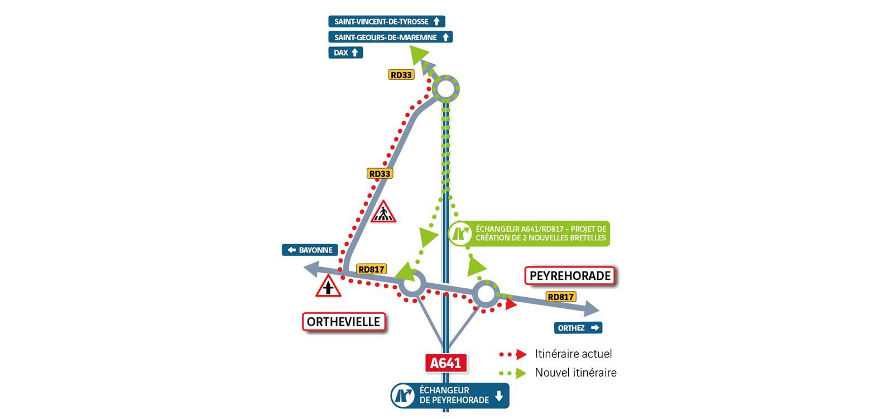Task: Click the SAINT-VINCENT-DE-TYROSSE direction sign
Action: (387, 22)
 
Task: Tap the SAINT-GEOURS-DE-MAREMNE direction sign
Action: (390, 37)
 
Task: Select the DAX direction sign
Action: (345, 53)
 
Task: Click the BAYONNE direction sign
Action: (310, 250)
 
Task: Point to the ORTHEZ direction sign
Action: (578, 328)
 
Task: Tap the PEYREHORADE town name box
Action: (570, 276)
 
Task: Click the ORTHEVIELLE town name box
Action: (344, 322)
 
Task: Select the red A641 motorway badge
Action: (446, 363)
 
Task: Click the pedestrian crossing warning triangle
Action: (383, 212)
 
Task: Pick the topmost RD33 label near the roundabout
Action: (401, 75)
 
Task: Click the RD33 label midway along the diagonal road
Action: (380, 174)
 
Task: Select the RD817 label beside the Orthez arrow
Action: (561, 297)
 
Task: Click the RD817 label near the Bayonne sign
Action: (371, 269)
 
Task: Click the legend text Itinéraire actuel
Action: (573, 354)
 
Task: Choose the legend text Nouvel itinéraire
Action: (575, 373)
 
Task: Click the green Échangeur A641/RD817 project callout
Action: (529, 234)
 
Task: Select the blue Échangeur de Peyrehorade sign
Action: (450, 396)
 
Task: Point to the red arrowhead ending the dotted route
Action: (511, 304)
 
